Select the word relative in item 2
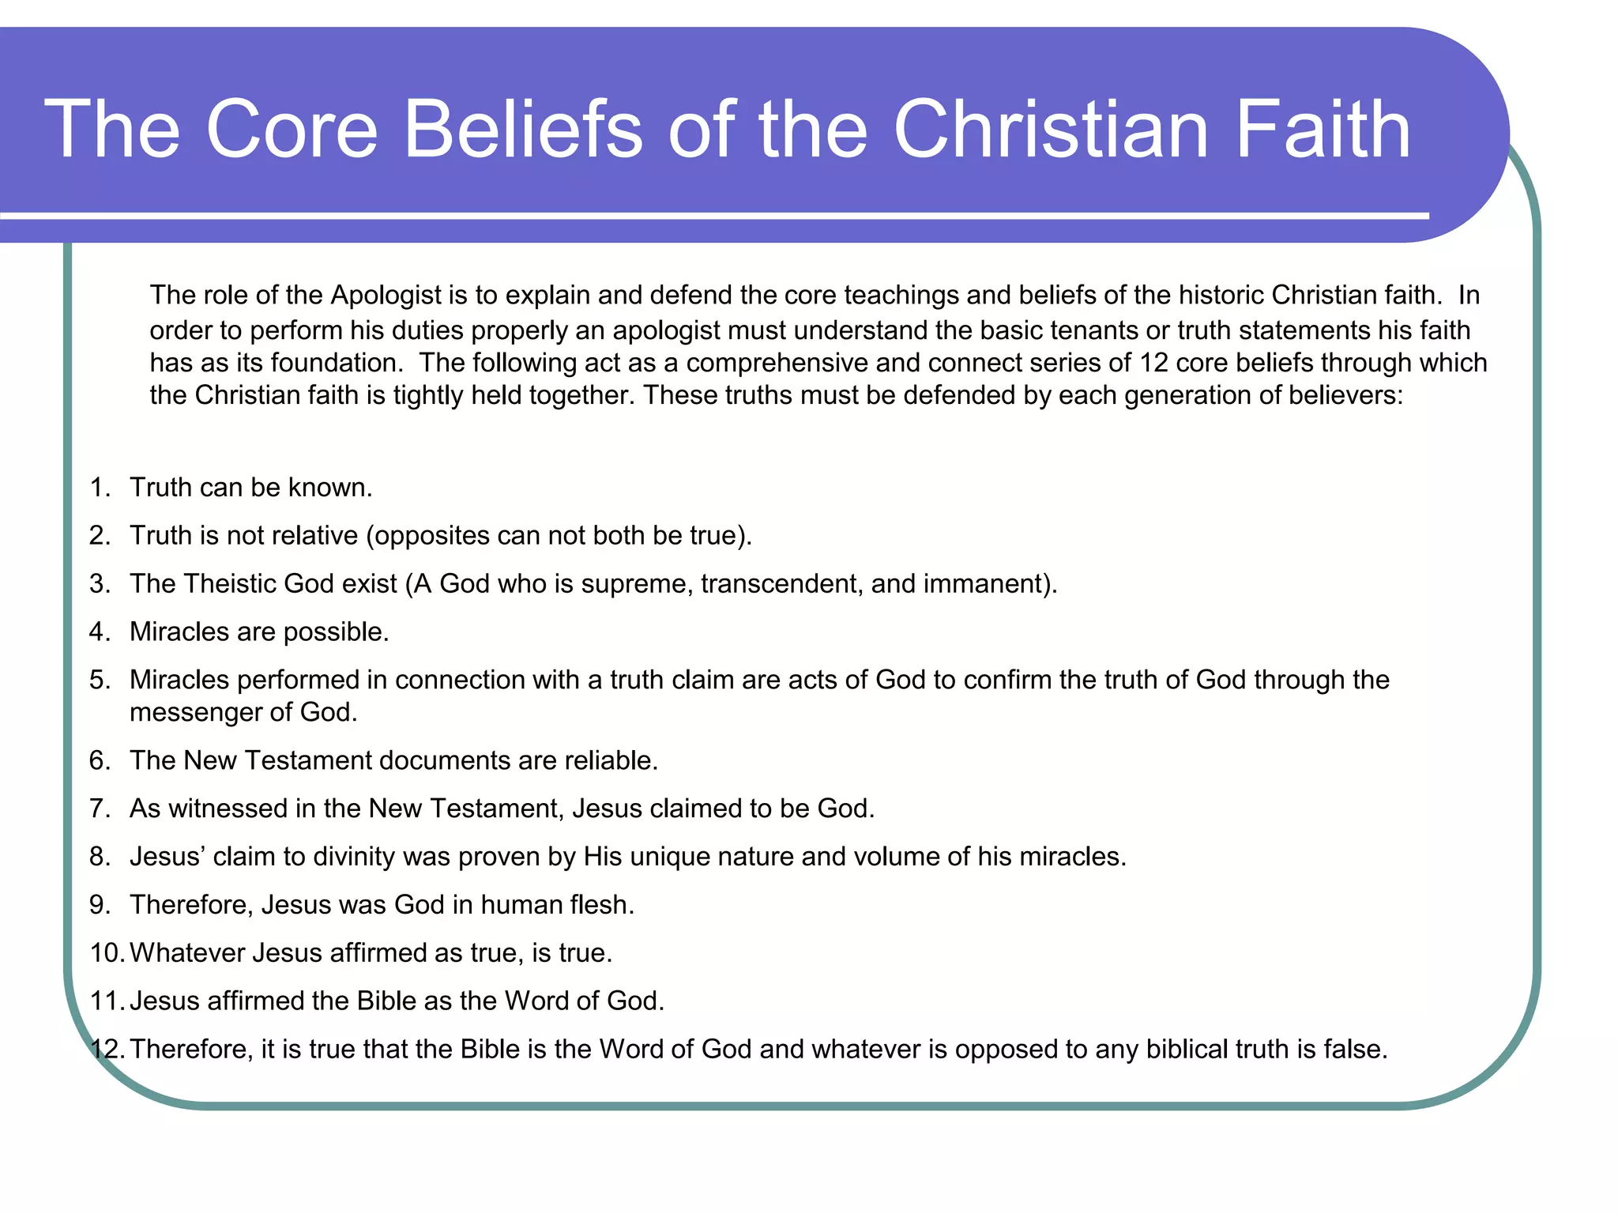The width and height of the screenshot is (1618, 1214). pyautogui.click(x=308, y=536)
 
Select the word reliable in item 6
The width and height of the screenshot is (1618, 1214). pyautogui.click(x=610, y=760)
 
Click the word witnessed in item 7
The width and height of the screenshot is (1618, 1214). pyautogui.click(x=228, y=809)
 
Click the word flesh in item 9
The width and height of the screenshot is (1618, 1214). pyautogui.click(x=600, y=905)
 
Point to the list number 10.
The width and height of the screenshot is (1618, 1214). pyautogui.click(x=106, y=953)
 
